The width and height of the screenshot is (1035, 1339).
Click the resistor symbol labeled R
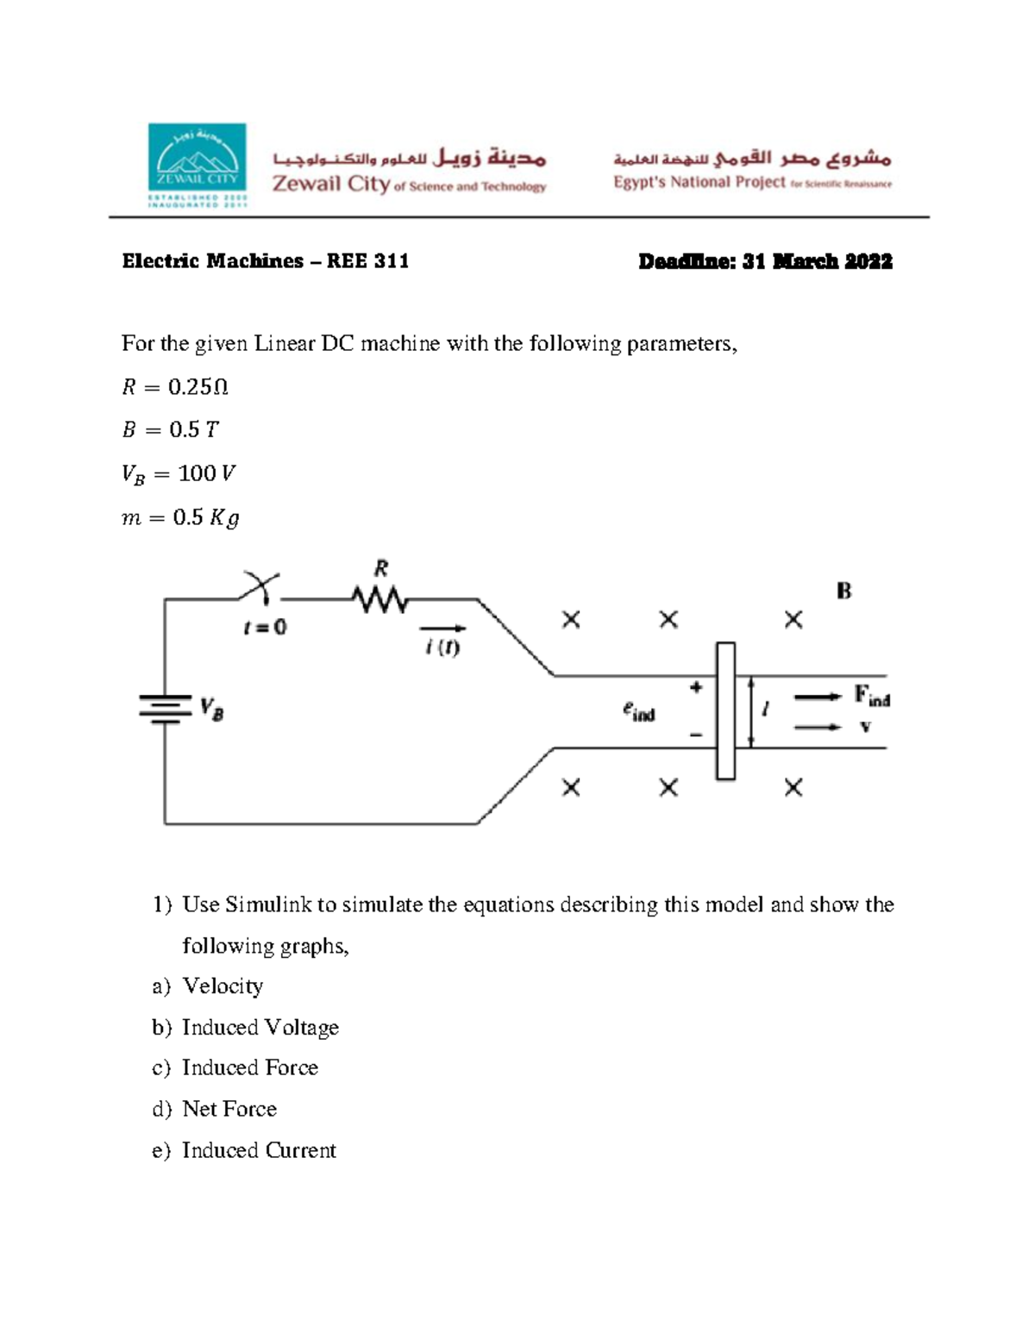pyautogui.click(x=379, y=599)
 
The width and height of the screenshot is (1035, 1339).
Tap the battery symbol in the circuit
pyautogui.click(x=165, y=709)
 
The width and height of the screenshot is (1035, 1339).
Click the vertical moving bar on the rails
pyautogui.click(x=725, y=711)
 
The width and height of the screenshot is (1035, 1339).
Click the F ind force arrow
pyautogui.click(x=817, y=697)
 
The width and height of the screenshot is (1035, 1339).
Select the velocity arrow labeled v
pyautogui.click(x=817, y=728)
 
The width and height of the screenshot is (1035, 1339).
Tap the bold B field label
pyautogui.click(x=844, y=591)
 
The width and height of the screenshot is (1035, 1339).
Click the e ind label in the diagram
pyautogui.click(x=638, y=711)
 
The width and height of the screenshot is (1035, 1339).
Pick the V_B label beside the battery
pyautogui.click(x=211, y=709)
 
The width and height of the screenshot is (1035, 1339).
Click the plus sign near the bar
pyautogui.click(x=696, y=687)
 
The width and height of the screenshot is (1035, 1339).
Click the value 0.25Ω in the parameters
pyautogui.click(x=198, y=387)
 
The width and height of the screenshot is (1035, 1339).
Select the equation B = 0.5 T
pyautogui.click(x=170, y=429)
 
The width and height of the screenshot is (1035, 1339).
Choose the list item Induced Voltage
pyautogui.click(x=260, y=1028)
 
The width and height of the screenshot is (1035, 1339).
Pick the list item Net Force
pyautogui.click(x=229, y=1109)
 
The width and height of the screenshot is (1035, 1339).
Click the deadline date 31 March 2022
pyautogui.click(x=817, y=261)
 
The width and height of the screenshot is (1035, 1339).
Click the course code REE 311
pyautogui.click(x=367, y=261)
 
